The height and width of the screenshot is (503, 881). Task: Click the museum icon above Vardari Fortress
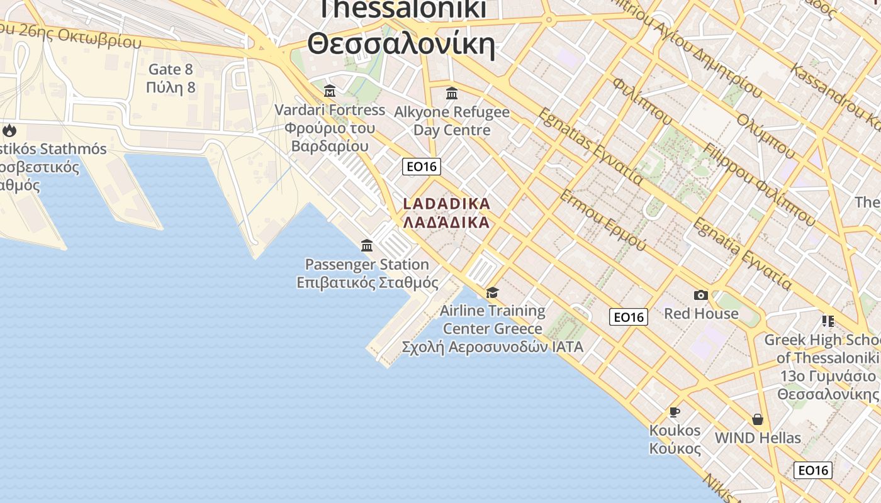329,91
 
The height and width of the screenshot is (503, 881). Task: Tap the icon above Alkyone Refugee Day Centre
451,94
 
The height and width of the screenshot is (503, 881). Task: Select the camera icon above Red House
700,295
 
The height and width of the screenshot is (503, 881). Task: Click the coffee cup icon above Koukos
675,412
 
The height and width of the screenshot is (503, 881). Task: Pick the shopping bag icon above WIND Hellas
758,419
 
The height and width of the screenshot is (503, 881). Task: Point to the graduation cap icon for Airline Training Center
492,292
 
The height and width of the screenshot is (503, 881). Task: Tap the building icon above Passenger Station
367,245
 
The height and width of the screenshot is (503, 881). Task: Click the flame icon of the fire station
9,131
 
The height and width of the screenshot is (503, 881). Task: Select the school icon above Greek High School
828,321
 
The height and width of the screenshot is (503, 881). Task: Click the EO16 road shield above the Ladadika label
422,167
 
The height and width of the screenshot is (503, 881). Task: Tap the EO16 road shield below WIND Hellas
812,470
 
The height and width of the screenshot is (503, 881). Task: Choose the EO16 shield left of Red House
628,317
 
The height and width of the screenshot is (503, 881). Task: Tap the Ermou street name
602,219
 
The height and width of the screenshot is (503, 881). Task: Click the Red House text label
701,313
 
